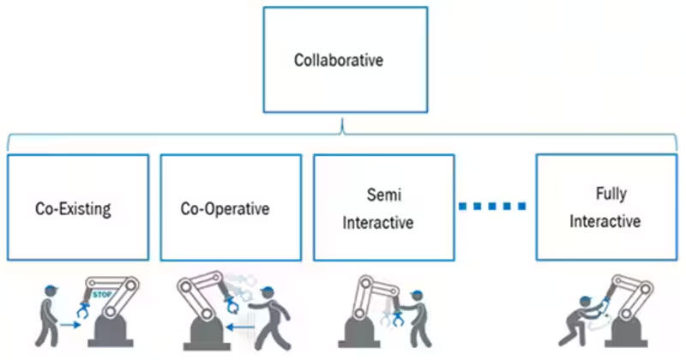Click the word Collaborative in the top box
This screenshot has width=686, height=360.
point(339,61)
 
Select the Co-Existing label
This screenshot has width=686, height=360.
point(74,207)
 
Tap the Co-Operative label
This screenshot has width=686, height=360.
point(225,207)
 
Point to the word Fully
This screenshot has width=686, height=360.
point(605,194)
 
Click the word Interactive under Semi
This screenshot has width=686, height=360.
point(378,223)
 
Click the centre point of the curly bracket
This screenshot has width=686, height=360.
point(342,131)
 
